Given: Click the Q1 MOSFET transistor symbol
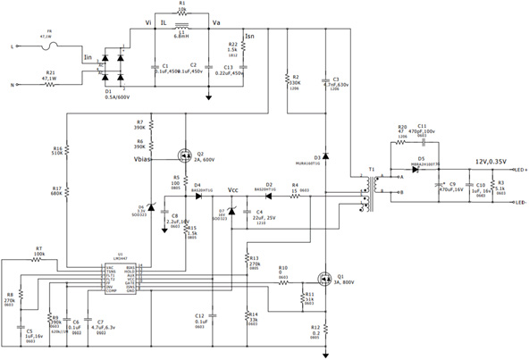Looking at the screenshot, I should click(326, 278).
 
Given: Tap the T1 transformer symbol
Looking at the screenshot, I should click(369, 188).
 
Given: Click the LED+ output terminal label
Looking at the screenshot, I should click(518, 168).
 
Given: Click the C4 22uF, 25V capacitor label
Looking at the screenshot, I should click(266, 215).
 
